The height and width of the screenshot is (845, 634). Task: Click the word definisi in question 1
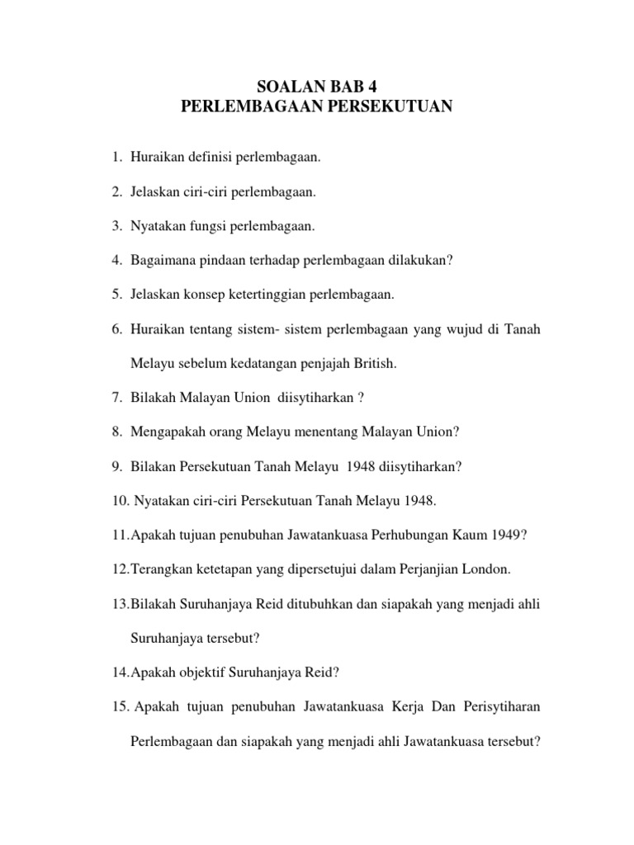point(211,158)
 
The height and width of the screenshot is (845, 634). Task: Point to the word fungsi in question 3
point(213,225)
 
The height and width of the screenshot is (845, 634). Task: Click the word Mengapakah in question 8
point(165,432)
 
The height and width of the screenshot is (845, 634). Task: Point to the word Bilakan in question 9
point(154,466)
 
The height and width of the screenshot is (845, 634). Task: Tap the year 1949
point(506,535)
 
